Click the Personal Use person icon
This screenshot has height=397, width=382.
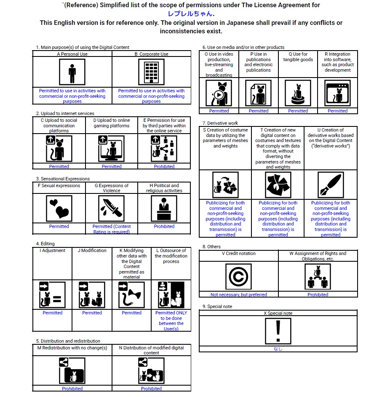click(72, 72)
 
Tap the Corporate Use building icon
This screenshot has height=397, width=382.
click(151, 72)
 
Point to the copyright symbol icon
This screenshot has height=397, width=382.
click(238, 277)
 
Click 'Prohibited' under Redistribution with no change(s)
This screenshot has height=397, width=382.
click(72, 389)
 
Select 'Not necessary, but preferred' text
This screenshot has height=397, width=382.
click(238, 295)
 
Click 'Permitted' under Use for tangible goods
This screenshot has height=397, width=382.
click(298, 111)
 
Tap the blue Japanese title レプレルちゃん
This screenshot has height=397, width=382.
click(191, 13)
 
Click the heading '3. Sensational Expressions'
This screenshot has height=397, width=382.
click(63, 179)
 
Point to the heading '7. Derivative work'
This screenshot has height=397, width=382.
click(220, 123)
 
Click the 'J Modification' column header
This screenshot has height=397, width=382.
click(92, 250)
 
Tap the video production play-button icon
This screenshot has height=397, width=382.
click(219, 93)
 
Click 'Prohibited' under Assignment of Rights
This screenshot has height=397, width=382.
click(318, 295)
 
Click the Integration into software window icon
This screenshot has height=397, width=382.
click(337, 93)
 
